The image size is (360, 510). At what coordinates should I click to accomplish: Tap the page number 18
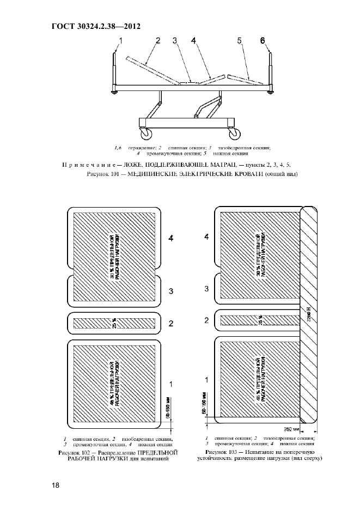[x=56, y=485]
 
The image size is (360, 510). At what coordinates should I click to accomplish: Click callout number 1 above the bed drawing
[x=121, y=40]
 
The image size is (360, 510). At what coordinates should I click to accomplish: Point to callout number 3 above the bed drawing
[x=175, y=40]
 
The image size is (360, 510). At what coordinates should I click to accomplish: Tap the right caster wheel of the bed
[x=234, y=134]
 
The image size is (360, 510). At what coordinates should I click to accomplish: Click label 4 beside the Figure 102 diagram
[x=171, y=239]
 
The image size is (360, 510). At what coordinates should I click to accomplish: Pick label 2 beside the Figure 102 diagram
[x=171, y=324]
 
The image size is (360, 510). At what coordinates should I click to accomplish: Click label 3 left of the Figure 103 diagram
[x=206, y=288]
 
